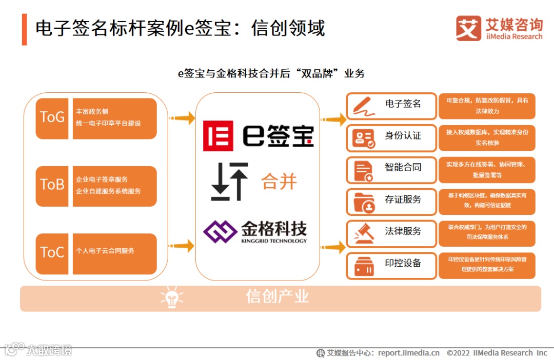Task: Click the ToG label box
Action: [52, 117]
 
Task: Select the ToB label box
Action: [52, 185]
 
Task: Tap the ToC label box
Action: [52, 252]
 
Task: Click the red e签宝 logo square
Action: [218, 136]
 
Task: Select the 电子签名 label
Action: [403, 104]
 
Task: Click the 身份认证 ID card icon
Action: [364, 138]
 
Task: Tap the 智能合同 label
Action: [403, 168]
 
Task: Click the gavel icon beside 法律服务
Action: [364, 234]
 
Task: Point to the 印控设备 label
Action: [403, 263]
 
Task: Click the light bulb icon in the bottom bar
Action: [172, 298]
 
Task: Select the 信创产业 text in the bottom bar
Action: [278, 296]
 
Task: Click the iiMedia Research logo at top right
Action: [499, 28]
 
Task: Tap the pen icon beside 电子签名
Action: [364, 107]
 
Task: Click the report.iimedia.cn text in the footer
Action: [409, 353]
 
